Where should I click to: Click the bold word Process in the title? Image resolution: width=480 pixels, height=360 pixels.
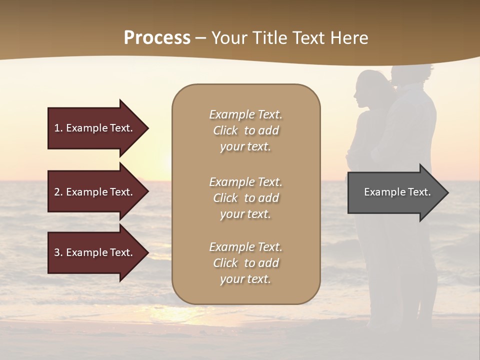coord(157,38)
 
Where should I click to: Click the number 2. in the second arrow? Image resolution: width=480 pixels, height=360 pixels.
coord(58,192)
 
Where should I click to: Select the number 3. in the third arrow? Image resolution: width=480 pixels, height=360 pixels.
coord(58,252)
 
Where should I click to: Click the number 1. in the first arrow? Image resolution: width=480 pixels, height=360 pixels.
coord(58,128)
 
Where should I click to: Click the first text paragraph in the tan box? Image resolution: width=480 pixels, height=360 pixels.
coord(245,130)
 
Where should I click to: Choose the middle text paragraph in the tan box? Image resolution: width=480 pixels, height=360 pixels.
coord(245,198)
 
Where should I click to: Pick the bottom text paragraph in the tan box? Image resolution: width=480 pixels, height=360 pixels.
coord(245,263)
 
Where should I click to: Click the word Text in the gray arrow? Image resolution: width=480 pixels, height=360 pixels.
coord(419,192)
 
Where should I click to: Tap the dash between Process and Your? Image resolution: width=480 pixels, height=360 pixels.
coord(201,38)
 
